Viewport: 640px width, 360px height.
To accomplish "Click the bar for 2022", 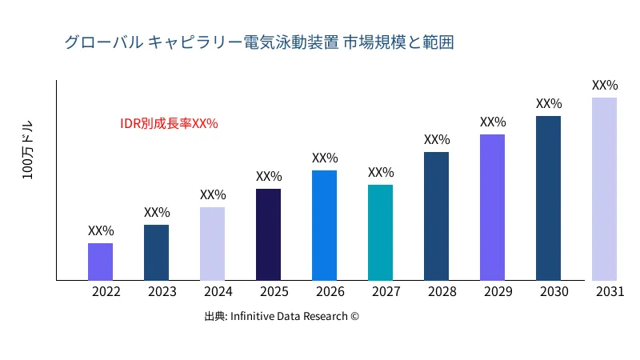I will click(100, 262).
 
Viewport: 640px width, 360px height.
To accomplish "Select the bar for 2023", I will click(156, 253).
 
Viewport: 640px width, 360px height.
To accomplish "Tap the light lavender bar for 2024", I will click(212, 244).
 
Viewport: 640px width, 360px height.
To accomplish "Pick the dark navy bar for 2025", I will click(268, 234).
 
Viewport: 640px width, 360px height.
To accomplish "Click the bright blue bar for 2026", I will click(324, 226).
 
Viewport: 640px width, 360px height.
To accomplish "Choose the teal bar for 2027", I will click(380, 233).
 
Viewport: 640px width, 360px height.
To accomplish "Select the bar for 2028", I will click(436, 216).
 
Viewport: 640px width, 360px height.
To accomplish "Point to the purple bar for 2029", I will click(492, 207).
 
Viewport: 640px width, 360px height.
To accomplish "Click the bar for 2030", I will click(548, 198).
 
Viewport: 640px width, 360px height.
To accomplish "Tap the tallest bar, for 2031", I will click(604, 189).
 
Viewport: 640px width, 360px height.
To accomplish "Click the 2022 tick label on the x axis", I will click(106, 292).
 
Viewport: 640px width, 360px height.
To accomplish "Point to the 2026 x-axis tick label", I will click(330, 292).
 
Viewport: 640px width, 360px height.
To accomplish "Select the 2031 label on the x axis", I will click(610, 292).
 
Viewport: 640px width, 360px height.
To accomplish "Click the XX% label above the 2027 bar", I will click(381, 173).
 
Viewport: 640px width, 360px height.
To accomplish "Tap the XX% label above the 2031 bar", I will click(605, 85).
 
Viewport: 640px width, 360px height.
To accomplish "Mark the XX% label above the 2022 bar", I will click(101, 231).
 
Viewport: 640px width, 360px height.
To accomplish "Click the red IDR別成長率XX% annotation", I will click(169, 124).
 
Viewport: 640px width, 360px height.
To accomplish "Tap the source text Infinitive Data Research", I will click(282, 316).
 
